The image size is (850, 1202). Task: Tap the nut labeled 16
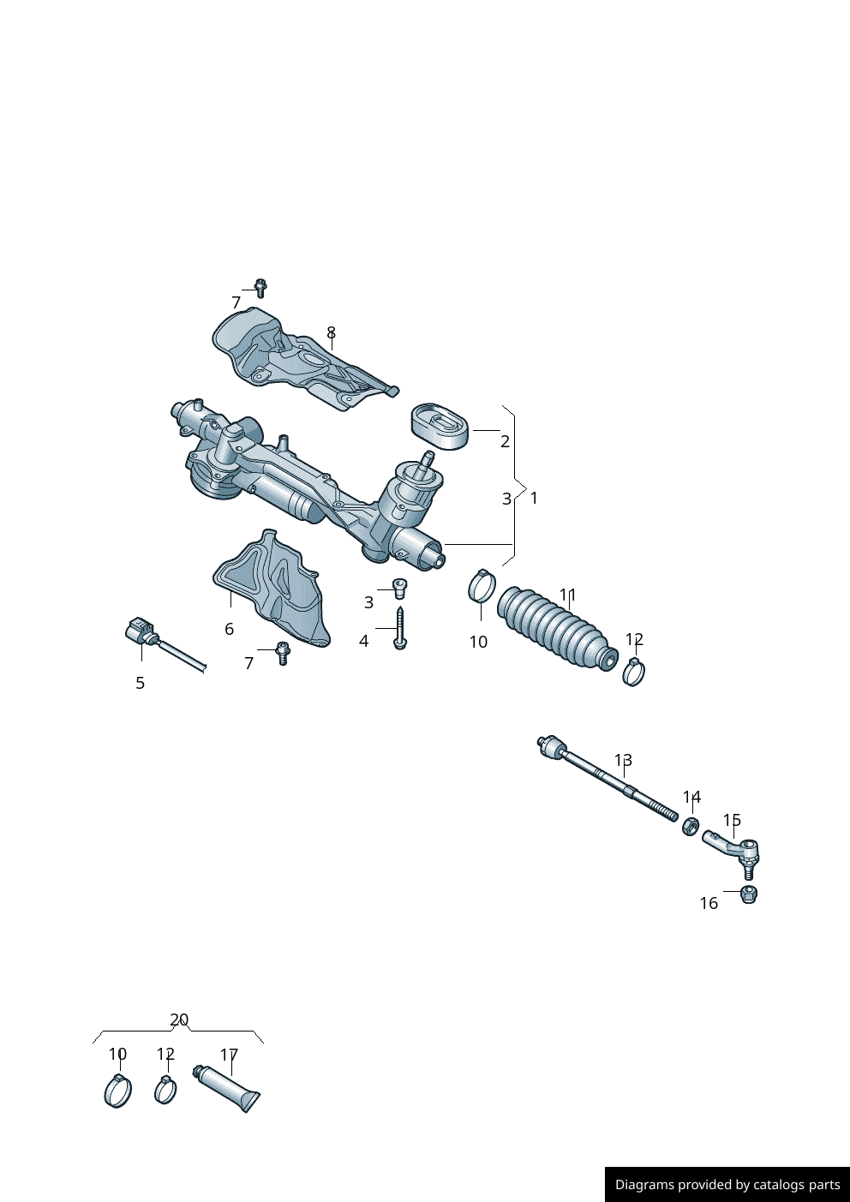[x=748, y=894]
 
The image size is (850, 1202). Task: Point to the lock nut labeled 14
[x=690, y=826]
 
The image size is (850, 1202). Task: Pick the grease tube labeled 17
[x=229, y=1088]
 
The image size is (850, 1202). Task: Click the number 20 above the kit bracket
[x=179, y=1020]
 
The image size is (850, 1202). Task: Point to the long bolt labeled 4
[x=400, y=628]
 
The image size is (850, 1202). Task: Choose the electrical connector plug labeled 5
[x=139, y=633]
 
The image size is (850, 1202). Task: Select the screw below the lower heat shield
[x=283, y=653]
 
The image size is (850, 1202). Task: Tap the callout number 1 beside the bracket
[x=534, y=498]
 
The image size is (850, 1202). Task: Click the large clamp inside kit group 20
[x=117, y=1091]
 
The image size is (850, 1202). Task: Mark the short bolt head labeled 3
[x=398, y=587]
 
